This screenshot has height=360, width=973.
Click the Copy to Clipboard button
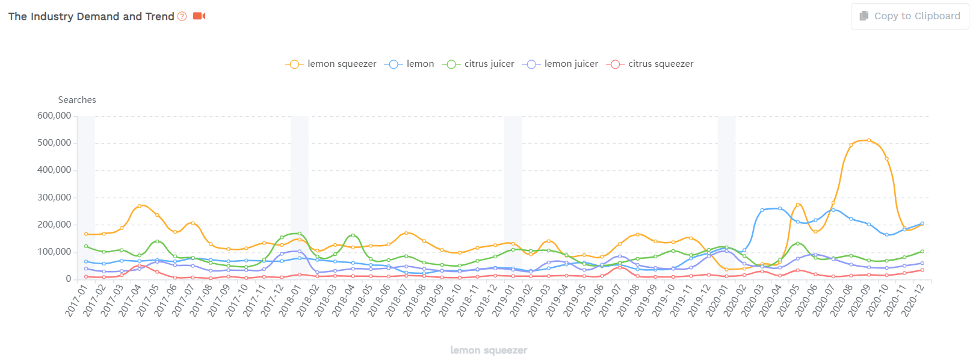[909, 16]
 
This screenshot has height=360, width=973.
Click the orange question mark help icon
[182, 16]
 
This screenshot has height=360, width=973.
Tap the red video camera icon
[199, 16]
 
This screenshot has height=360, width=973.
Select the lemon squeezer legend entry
[331, 64]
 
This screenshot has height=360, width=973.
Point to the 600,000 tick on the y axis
[54, 116]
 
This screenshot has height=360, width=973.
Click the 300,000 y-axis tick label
[54, 197]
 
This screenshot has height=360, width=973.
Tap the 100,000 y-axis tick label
[54, 252]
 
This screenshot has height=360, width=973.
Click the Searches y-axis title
[77, 100]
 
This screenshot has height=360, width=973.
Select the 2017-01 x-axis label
[76, 300]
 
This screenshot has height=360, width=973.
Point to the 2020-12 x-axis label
[913, 300]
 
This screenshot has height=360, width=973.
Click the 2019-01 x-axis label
[504, 300]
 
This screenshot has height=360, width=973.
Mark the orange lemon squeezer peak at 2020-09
[869, 140]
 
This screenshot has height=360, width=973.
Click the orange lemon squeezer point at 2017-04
[140, 206]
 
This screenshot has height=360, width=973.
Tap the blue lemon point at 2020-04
[780, 208]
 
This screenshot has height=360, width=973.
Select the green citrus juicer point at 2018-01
[300, 234]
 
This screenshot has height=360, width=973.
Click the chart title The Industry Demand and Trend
[91, 16]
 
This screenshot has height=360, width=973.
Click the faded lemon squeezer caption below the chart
[489, 350]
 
